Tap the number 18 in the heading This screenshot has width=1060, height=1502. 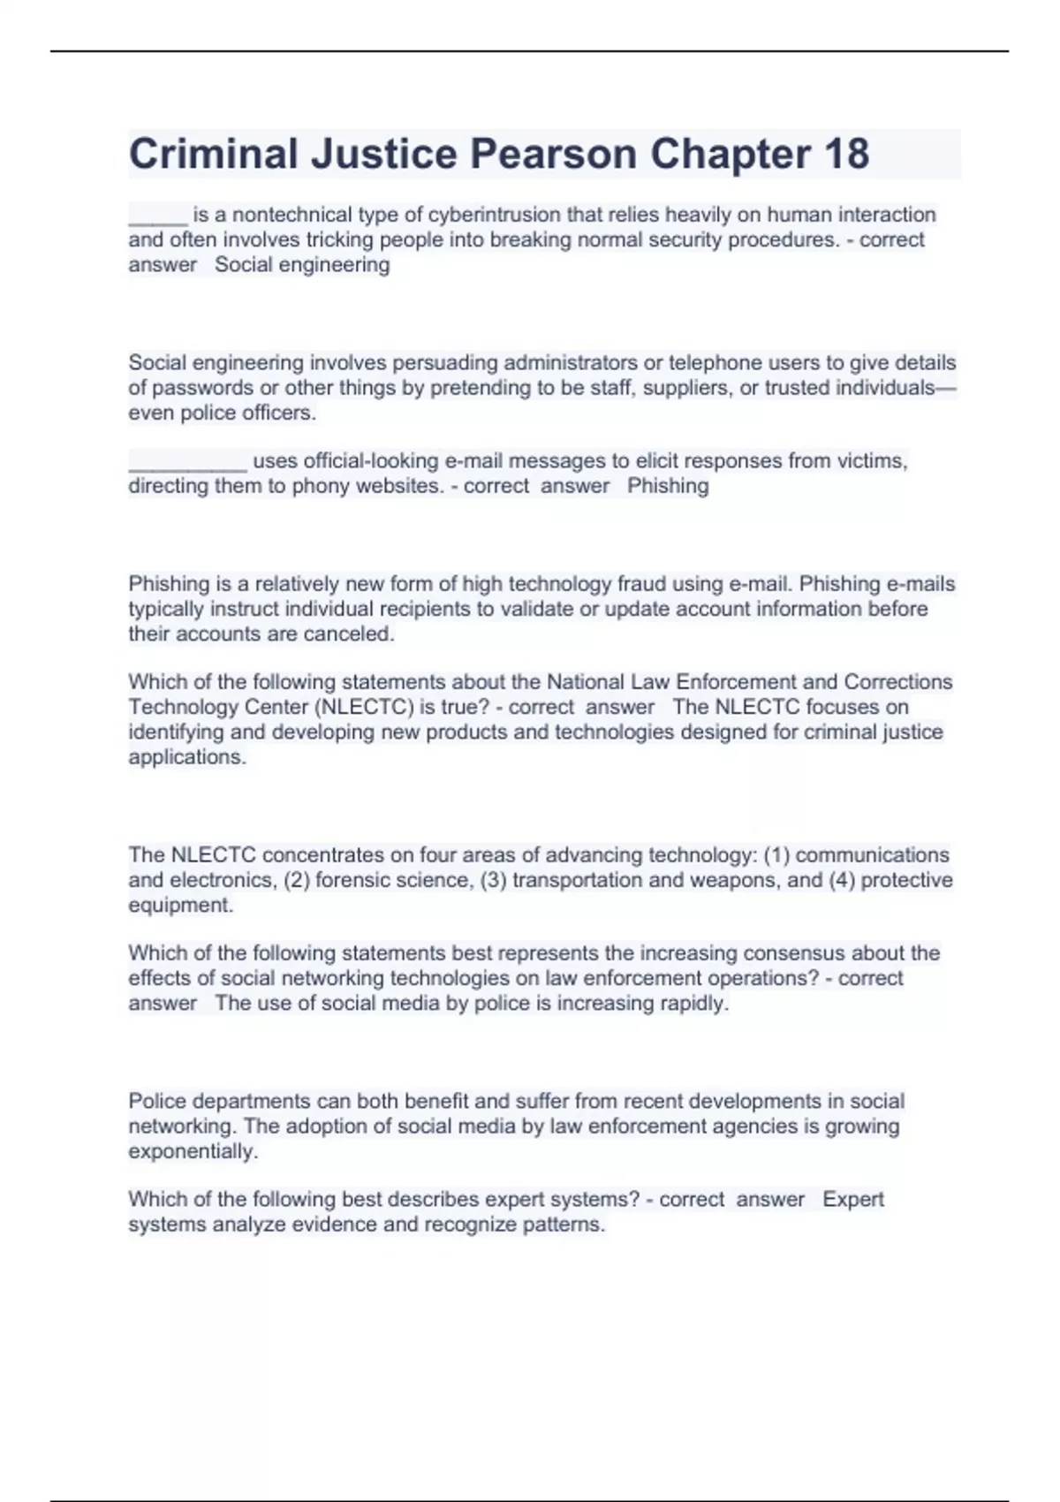[x=845, y=154]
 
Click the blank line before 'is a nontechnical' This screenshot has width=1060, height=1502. [x=158, y=215]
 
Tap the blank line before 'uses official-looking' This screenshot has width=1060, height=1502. [x=187, y=461]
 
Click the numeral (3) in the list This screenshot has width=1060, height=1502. [x=493, y=880]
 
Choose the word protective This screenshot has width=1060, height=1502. [x=906, y=880]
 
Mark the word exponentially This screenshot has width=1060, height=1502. [x=193, y=1151]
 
